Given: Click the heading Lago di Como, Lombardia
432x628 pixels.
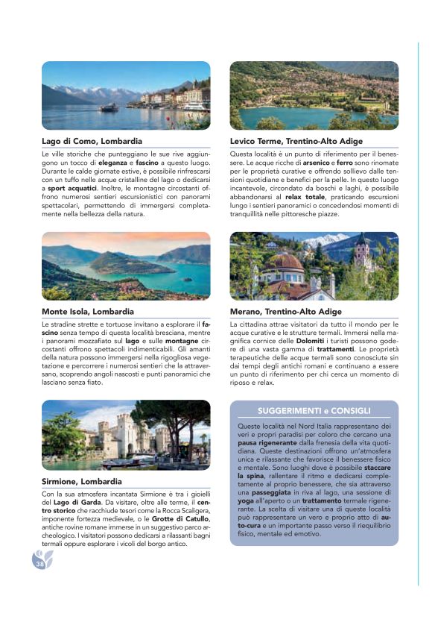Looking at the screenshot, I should (x=92, y=140).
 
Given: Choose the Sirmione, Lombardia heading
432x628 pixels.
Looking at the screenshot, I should (x=80, y=482).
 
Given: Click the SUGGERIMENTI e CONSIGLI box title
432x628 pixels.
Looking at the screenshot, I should (x=314, y=411).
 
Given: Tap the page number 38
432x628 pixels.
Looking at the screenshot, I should (x=39, y=564).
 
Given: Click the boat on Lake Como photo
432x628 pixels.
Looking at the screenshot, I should (x=109, y=107).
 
